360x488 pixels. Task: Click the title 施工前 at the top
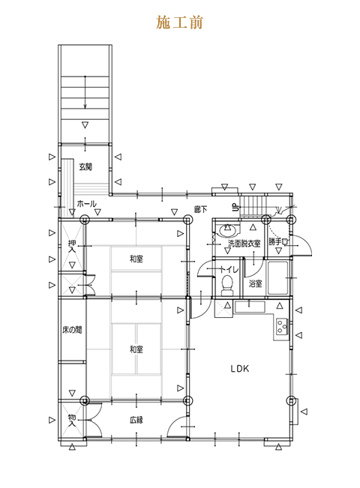pos(179,22)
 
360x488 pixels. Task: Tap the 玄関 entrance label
pos(85,167)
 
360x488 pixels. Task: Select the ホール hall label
pos(86,204)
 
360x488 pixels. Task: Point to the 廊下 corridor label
pos(200,209)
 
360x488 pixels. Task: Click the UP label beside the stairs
pos(235,207)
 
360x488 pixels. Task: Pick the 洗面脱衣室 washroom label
pos(244,244)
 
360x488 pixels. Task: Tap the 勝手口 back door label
pos(279,242)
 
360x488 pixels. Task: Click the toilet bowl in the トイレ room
pos(227,285)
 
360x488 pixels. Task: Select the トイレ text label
pos(229,269)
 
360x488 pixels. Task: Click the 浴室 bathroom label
pos(255,283)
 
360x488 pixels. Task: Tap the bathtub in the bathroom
pos(277,278)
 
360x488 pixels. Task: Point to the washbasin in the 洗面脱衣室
pos(229,231)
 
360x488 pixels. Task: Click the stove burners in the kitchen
pos(281,326)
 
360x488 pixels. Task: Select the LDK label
pos(240,369)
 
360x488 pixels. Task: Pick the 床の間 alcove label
pos(72,330)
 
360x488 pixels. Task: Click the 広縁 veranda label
pos(136,420)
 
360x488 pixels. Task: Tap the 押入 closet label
pos(72,246)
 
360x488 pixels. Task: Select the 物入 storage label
pos(72,420)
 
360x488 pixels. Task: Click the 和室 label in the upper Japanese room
pos(136,259)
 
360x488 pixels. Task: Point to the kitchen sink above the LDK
pos(250,307)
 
